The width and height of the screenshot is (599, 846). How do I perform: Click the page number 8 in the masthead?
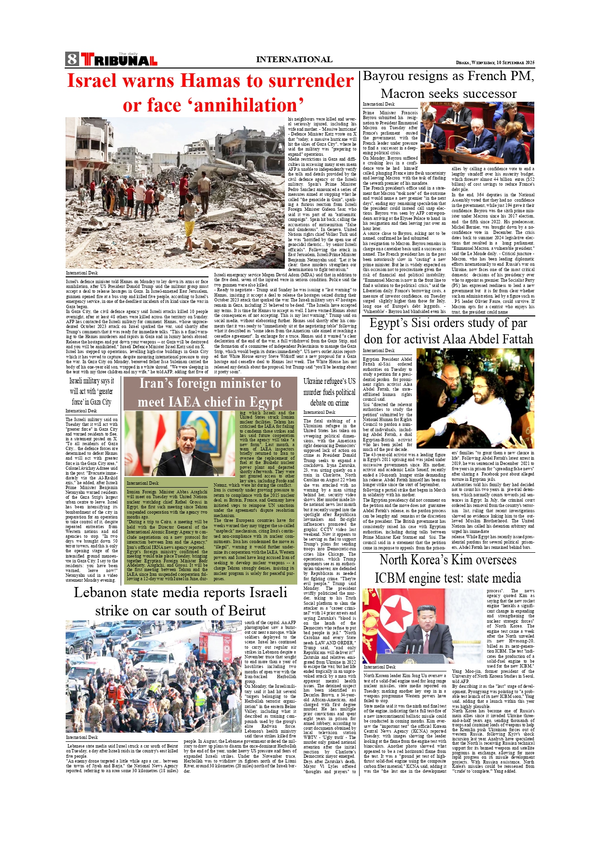coord(72,59)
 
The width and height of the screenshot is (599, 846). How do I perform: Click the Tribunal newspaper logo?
coord(119,60)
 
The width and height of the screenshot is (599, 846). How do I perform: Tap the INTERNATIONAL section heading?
coord(294,59)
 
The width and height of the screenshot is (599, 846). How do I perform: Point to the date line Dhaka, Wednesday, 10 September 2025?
coord(495,63)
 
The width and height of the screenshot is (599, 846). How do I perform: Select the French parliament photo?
coord(477,133)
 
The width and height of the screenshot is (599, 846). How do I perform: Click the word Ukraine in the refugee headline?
coord(316,382)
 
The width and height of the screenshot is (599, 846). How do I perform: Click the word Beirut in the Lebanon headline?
coord(238,611)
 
